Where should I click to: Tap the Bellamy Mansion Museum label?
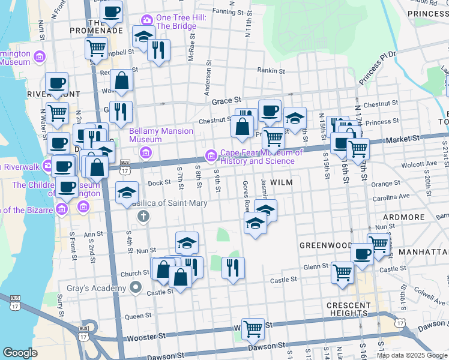coord(161,135)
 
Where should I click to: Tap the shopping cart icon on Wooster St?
coord(253,328)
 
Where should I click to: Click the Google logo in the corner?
coord(20,353)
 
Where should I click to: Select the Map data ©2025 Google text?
coord(412,355)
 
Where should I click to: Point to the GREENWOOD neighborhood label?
coord(326,245)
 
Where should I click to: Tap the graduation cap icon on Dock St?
coord(127,193)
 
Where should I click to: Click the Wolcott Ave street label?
coord(403,164)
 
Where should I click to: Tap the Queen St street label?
coord(138,316)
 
